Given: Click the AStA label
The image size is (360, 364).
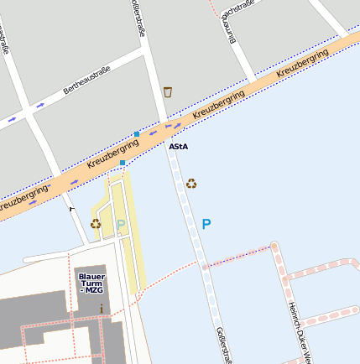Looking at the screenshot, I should [178, 147].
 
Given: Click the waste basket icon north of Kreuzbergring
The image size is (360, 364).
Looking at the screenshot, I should [168, 91].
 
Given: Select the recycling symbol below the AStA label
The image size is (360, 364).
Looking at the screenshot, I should [191, 183].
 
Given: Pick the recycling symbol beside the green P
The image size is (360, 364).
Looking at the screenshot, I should [96, 224].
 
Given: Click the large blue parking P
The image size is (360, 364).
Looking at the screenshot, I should [206, 225].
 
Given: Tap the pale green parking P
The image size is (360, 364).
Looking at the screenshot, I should [120, 225].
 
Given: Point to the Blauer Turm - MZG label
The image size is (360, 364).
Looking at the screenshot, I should [91, 283].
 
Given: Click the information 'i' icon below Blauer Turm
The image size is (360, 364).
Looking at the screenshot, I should [102, 309].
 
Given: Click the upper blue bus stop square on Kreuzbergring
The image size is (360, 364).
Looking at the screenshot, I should [137, 134].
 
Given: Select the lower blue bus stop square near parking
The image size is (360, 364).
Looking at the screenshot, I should [123, 163].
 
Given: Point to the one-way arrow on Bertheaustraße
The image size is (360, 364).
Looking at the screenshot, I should [39, 106].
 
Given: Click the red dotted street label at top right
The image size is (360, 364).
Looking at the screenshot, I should [240, 8].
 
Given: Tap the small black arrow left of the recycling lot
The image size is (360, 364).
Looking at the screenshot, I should [71, 208].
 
